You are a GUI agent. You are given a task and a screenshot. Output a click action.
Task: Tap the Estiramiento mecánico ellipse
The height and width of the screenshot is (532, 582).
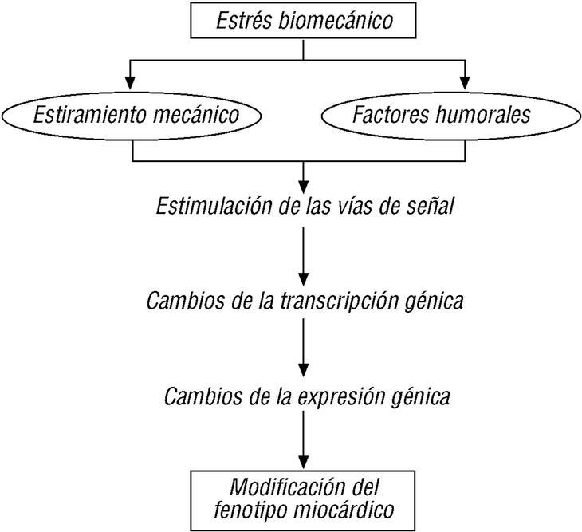click(136, 115)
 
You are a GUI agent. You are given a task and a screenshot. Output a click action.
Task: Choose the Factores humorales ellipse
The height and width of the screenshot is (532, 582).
click(452, 115)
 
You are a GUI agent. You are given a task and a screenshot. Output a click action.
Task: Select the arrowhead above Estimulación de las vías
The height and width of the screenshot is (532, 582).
click(303, 176)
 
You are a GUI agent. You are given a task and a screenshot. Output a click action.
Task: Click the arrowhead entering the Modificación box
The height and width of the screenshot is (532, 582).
click(303, 463)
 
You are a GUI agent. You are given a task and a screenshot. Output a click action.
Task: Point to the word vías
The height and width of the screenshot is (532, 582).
click(366, 207)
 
